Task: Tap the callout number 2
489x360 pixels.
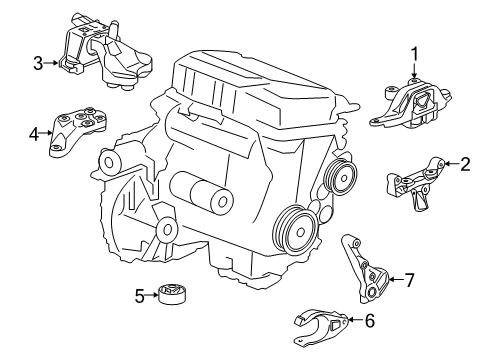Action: [x=464, y=165]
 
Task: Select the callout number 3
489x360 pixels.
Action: [x=38, y=65]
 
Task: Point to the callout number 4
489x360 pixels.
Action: [x=33, y=131]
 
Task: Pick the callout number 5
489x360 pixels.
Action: [x=139, y=294]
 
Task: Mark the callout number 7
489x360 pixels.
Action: [x=410, y=279]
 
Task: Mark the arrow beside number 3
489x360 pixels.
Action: [x=52, y=65]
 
